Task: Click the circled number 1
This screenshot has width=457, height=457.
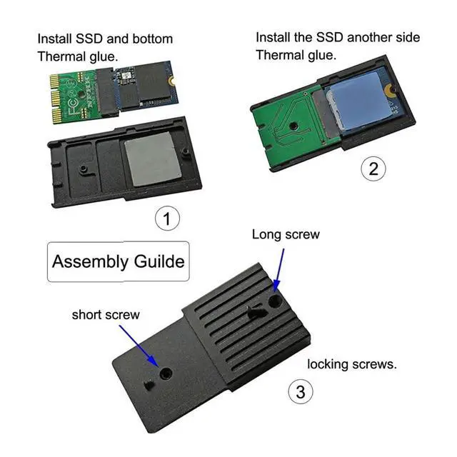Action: pos(167,219)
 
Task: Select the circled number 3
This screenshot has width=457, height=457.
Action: pos(300,391)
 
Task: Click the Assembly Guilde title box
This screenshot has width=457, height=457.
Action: pos(118,261)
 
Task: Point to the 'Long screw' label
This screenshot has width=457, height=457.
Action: pos(286,234)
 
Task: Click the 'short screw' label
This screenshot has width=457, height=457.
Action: pos(106,314)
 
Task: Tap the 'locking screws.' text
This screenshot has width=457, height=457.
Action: pos(352,364)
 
